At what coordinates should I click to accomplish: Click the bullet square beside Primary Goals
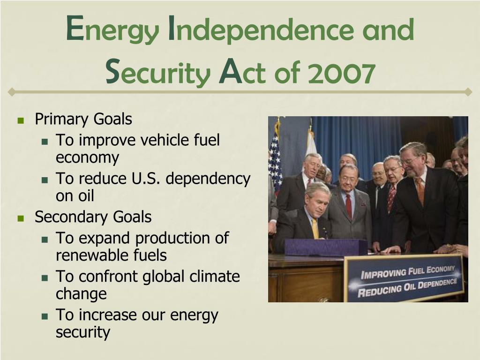pos(21,120)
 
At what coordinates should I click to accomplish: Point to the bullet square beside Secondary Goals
pos(21,218)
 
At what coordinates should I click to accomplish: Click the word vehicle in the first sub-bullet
pos(165,140)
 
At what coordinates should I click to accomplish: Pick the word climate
pos(215,276)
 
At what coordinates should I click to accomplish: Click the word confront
pos(108,276)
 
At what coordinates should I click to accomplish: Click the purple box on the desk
pos(326,247)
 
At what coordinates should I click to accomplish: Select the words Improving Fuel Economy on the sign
pos(408,272)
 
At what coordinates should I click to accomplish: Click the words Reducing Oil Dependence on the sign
pos(407,288)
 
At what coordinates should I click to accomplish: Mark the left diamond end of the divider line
pos(11,92)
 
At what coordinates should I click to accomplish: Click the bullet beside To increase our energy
pos(45,316)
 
